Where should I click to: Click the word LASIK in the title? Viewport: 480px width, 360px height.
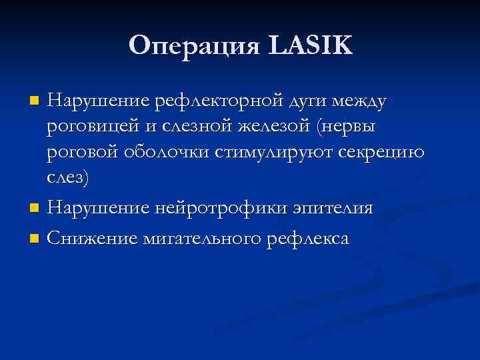click(x=311, y=45)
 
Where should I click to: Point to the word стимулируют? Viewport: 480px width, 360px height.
click(x=277, y=153)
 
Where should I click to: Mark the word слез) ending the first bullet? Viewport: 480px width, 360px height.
click(x=67, y=178)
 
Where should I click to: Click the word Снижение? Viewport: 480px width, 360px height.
click(x=93, y=238)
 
